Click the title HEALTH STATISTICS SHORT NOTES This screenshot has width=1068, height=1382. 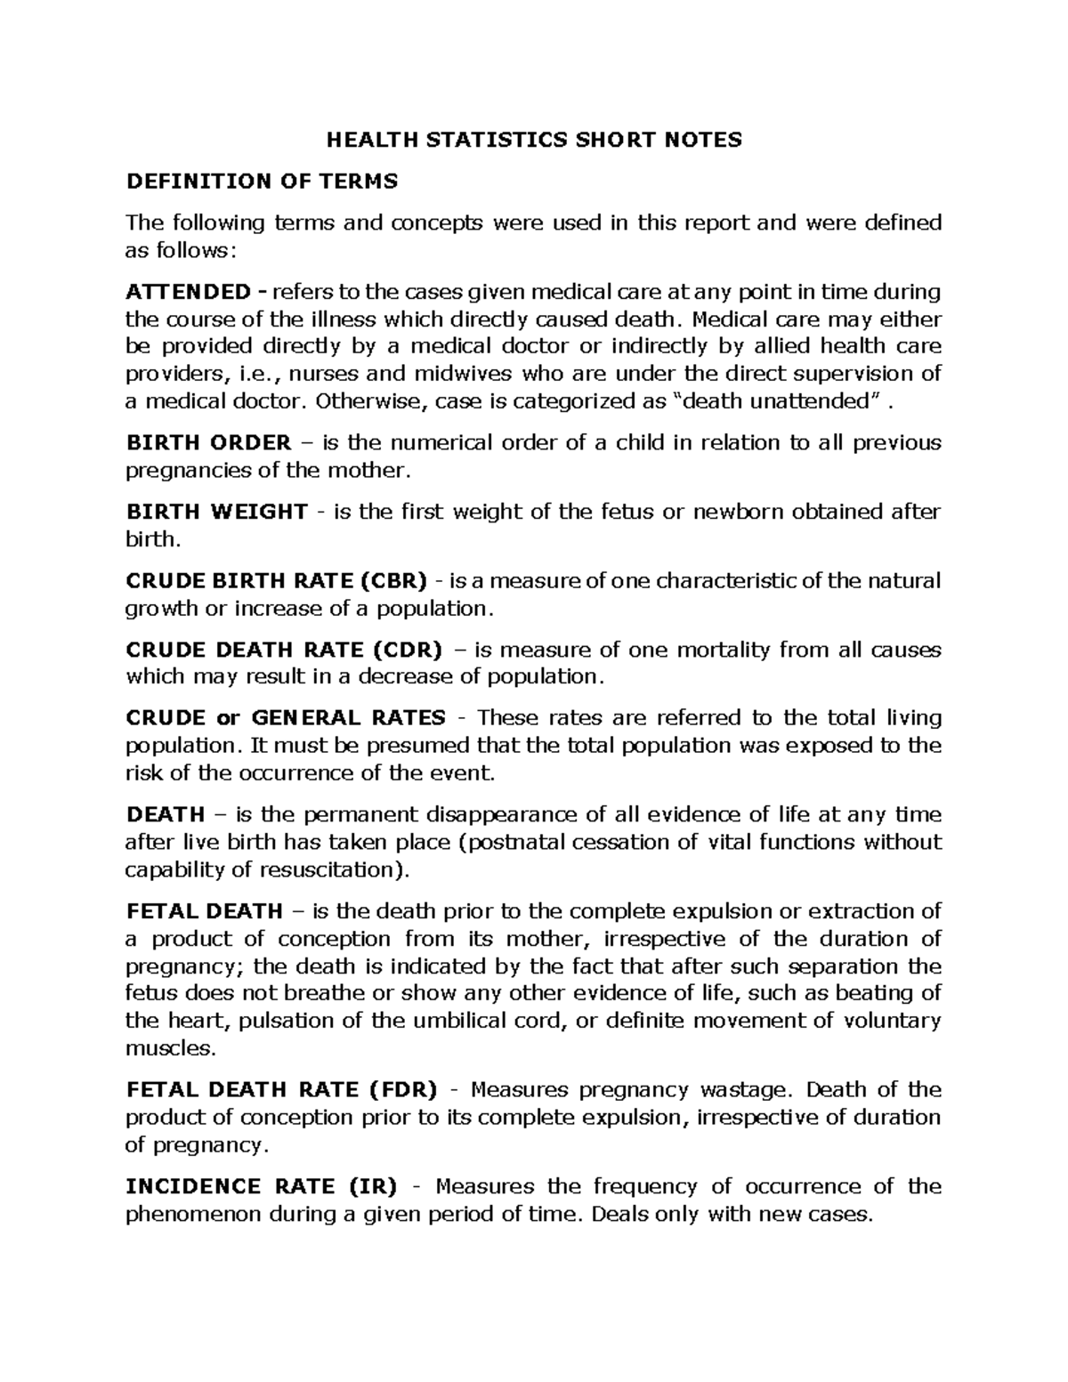click(x=533, y=140)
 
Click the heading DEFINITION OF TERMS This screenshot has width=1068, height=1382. click(x=262, y=182)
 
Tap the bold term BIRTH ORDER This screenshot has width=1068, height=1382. click(x=208, y=443)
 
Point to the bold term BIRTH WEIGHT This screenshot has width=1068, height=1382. click(x=216, y=512)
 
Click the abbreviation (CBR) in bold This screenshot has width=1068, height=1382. click(x=393, y=581)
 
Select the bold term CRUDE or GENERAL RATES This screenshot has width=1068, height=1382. click(x=286, y=718)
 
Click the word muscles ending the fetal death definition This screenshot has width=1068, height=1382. click(x=170, y=1048)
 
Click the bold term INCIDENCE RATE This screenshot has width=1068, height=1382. click(x=231, y=1186)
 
